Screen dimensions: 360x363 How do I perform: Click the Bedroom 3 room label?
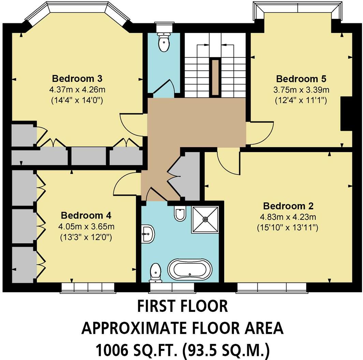(x=77, y=79)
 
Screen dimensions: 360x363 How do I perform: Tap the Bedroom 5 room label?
(x=301, y=79)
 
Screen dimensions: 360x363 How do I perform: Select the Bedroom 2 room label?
(x=288, y=206)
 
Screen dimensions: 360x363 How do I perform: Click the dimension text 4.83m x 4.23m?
(x=288, y=217)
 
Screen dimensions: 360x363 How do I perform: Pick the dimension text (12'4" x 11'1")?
(x=301, y=101)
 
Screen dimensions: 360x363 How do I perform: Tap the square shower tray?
(x=205, y=220)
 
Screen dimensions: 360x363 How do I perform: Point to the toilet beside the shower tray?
(x=180, y=213)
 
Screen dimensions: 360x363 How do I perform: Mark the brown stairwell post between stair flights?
(x=215, y=77)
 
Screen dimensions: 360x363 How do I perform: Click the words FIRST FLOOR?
(x=182, y=306)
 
